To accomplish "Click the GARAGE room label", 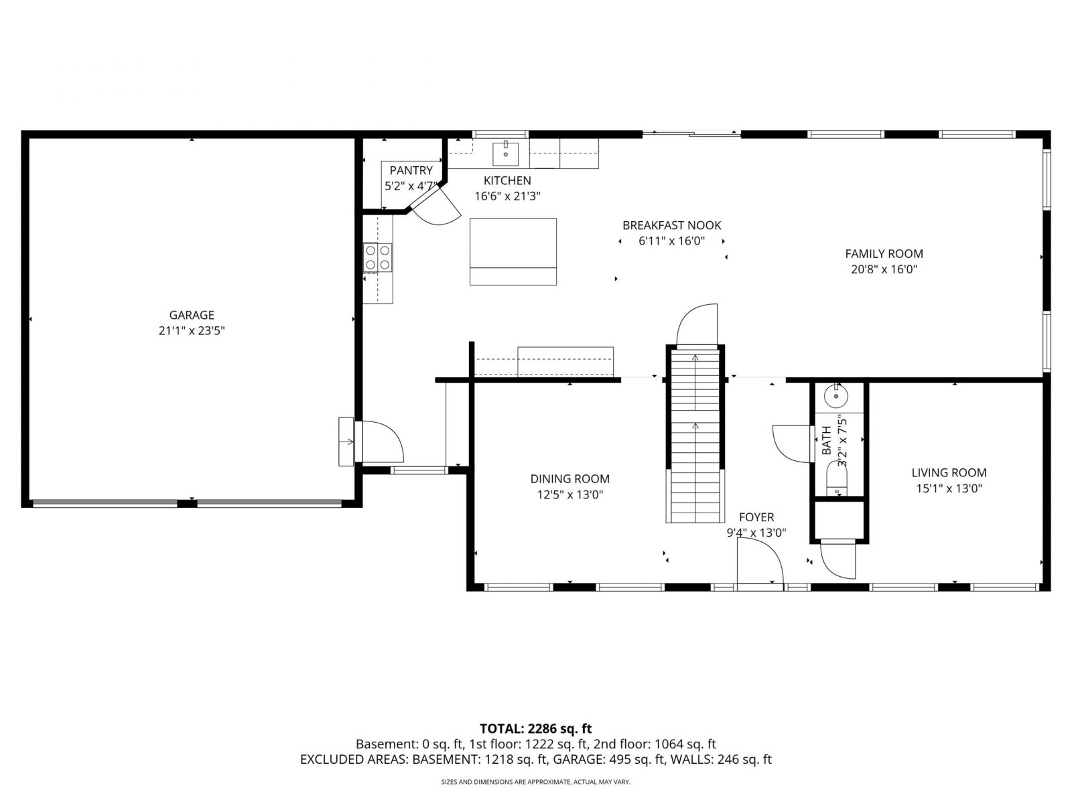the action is point(192,315).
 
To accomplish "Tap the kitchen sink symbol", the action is point(505,154).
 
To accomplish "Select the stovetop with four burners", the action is point(377,258).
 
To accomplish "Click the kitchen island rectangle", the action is point(513,251).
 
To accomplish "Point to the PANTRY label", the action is point(411,170).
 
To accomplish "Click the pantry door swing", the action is point(436,208).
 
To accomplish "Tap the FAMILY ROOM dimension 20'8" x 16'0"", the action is point(884,269).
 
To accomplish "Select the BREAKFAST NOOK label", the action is point(671,226).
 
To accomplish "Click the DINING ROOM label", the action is point(570,479).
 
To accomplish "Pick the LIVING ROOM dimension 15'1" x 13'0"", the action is point(949,488).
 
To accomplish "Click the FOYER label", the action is point(756,517).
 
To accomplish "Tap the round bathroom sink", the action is point(836,396).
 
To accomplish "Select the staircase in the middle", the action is point(695,434).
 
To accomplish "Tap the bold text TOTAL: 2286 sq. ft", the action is point(536,728).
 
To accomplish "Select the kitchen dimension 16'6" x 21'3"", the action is point(507,196).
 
